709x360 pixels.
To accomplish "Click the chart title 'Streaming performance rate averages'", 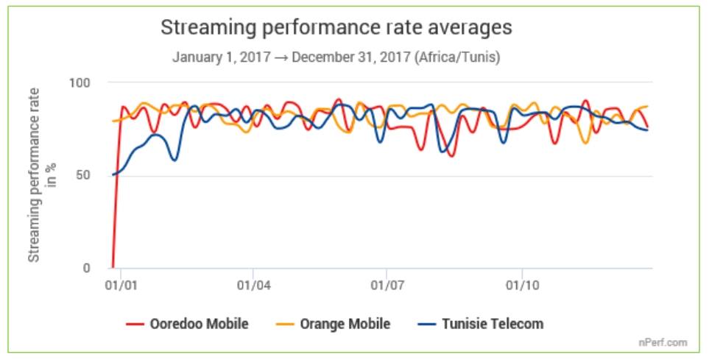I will point(336,29).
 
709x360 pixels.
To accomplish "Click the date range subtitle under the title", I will point(336,57).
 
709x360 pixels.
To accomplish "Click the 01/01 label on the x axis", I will point(118,283).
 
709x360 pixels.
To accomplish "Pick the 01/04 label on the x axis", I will point(253,283).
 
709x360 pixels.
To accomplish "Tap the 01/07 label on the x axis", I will point(387,283).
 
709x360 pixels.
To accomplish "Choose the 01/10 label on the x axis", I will point(521,283).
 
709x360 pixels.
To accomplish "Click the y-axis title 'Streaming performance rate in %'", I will point(41,174).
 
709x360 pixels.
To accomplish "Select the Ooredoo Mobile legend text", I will point(198,324).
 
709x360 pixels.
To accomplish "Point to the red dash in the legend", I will point(134,324).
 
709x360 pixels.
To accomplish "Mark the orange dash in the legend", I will point(289,324).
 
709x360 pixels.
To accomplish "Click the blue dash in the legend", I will point(428,324).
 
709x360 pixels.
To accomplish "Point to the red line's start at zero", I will point(113,267).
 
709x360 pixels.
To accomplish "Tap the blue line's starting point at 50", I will point(113,174).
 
